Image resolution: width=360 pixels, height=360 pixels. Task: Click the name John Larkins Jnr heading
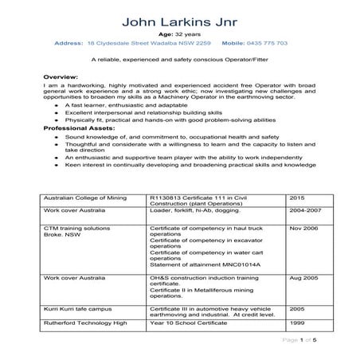[179, 18]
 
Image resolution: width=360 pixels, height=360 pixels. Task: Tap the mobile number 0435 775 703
[267, 43]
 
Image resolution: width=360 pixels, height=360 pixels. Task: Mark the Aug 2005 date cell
[303, 279]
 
